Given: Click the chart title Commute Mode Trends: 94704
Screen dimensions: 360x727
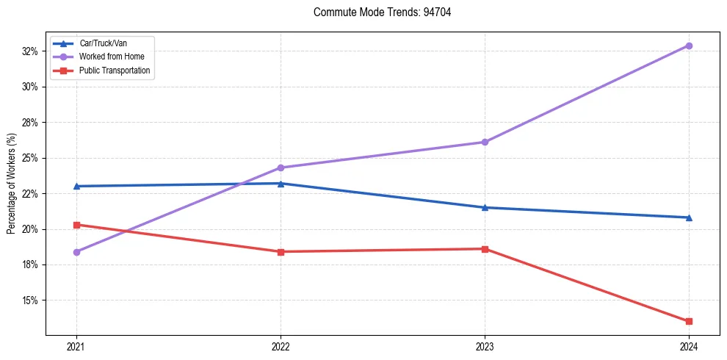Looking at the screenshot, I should tap(377, 12).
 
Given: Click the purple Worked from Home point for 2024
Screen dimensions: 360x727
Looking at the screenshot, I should tap(689, 46).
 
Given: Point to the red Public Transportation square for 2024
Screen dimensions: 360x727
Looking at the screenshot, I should tap(689, 321).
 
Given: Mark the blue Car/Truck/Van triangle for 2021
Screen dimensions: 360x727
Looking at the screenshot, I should tap(76, 186).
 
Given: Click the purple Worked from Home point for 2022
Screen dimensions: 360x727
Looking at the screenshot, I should tap(281, 168).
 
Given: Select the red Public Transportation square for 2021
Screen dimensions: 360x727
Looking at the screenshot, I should tap(76, 225).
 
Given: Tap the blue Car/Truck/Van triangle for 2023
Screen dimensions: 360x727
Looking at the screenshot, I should tap(485, 207).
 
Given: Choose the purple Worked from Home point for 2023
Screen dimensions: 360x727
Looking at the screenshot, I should tap(485, 142).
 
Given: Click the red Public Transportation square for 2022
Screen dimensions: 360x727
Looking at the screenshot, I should tap(281, 252).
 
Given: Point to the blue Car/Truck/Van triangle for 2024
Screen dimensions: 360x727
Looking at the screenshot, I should tap(689, 217).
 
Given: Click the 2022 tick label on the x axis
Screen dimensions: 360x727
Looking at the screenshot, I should tap(281, 345).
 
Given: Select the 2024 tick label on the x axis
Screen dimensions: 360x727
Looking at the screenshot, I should tap(689, 345).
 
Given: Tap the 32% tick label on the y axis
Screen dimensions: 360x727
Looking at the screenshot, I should tap(30, 51).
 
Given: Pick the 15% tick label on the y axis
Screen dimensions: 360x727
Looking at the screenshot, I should tap(30, 300).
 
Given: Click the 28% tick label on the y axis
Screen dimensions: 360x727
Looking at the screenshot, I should tap(30, 123).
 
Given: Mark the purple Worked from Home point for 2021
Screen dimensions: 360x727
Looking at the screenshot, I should tap(76, 252).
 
